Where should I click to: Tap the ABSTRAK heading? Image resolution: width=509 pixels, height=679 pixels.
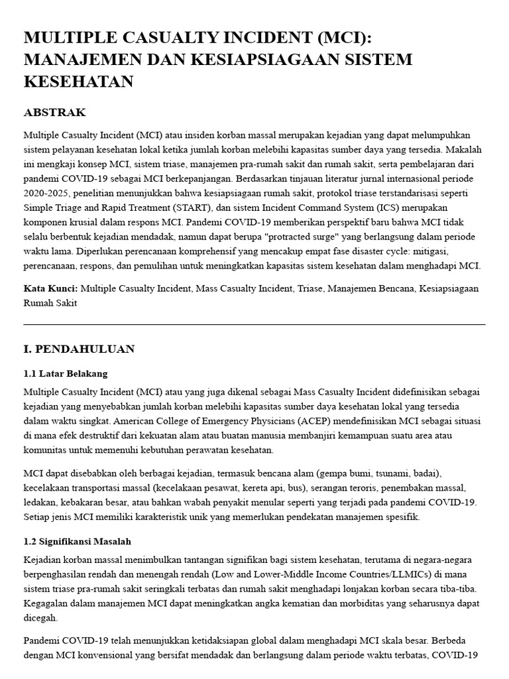click(x=54, y=112)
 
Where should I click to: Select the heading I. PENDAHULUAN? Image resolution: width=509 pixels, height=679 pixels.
click(x=79, y=349)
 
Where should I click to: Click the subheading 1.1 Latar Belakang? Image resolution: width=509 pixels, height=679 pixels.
click(x=65, y=373)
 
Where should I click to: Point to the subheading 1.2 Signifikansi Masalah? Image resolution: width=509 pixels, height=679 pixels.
click(x=77, y=541)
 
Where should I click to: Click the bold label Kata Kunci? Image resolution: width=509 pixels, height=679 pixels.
click(x=50, y=288)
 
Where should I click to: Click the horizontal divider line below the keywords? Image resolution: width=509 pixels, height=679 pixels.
click(x=254, y=324)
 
